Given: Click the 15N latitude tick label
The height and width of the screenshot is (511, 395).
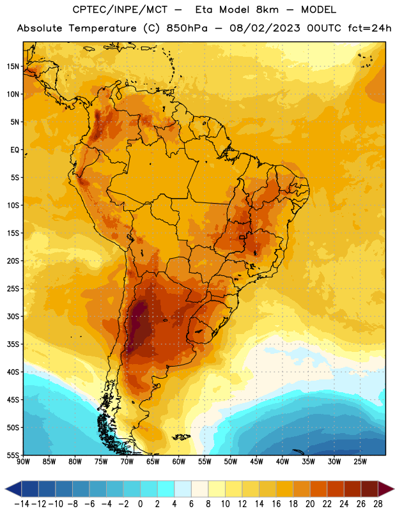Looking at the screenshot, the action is click(x=13, y=66).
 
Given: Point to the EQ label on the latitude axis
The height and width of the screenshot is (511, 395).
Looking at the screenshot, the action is click(x=15, y=150).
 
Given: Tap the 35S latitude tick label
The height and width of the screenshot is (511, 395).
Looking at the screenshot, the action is click(x=13, y=344).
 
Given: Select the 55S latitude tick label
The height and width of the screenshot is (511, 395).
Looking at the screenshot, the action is click(x=13, y=455).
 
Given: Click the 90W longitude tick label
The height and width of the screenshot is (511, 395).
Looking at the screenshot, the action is click(x=23, y=462).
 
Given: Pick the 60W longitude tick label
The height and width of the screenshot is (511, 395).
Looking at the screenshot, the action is click(x=179, y=462).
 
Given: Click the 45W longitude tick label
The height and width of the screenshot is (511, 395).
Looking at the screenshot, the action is click(x=256, y=462).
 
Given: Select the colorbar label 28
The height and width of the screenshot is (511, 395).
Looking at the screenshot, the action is click(x=378, y=504).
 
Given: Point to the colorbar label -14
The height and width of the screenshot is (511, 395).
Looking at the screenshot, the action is click(x=22, y=504).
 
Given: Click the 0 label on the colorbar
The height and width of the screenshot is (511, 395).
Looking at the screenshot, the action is click(x=140, y=504).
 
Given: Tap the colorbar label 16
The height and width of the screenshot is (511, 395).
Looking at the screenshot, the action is click(x=276, y=504).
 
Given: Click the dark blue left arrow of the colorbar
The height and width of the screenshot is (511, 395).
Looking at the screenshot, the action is click(x=13, y=489).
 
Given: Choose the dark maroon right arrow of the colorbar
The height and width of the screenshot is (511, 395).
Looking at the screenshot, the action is click(x=387, y=489).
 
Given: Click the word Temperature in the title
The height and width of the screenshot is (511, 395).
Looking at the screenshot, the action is click(x=102, y=29).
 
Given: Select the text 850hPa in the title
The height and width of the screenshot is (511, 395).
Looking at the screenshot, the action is click(x=187, y=28).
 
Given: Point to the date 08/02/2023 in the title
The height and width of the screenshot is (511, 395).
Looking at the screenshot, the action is click(x=265, y=28).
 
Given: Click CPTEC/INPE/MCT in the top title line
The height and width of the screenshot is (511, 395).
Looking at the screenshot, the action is click(x=120, y=10).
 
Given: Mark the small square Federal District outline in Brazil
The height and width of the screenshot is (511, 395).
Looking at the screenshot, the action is click(x=242, y=238).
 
